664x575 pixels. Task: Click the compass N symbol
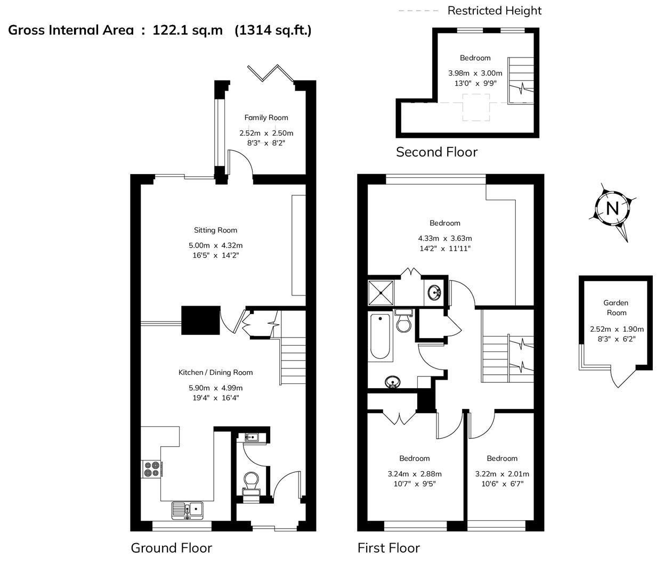coord(612,209)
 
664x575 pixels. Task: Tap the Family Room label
coord(266,118)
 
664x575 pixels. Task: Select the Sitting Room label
coord(215,230)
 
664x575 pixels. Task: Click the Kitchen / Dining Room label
coord(215,373)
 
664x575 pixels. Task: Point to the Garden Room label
coord(616,308)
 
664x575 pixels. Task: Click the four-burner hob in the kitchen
coord(151,469)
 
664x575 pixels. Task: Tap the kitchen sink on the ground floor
coord(188,510)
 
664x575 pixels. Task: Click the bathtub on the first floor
coord(379,336)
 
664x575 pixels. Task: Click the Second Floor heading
coord(436,152)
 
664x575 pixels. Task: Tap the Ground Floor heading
coord(171,548)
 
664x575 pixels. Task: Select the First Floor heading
coord(388,548)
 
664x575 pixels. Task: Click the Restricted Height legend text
coord(494,11)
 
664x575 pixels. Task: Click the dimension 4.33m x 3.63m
coord(444,239)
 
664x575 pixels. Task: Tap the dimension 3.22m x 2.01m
coord(501,474)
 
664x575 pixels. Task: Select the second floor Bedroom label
coord(475,58)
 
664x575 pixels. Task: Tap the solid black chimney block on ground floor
coord(200,320)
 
